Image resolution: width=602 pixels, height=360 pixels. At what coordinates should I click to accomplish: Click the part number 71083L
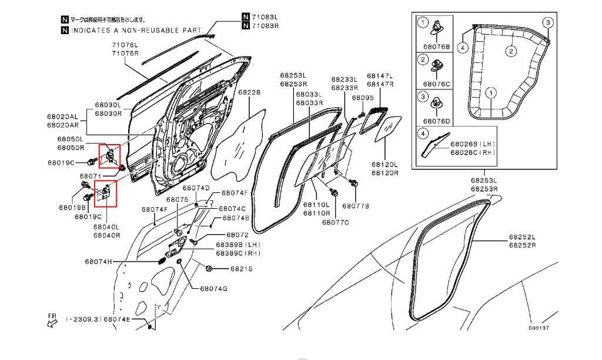pyautogui.click(x=265, y=17)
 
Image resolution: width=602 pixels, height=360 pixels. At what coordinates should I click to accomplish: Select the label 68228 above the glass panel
pyautogui.click(x=249, y=93)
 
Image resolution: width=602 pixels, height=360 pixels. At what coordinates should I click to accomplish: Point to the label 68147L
pyautogui.click(x=380, y=76)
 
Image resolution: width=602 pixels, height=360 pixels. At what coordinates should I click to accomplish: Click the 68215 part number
pyautogui.click(x=241, y=269)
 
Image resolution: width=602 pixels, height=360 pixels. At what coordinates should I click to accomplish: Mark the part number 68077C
pyautogui.click(x=335, y=222)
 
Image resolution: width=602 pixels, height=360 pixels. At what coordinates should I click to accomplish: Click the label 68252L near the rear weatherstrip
pyautogui.click(x=522, y=237)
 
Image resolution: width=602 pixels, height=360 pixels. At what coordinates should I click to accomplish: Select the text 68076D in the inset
pyautogui.click(x=437, y=121)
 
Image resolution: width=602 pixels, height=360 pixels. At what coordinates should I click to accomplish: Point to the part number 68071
pyautogui.click(x=91, y=176)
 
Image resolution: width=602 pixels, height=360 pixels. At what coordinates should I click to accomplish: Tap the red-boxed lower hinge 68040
pyautogui.click(x=106, y=194)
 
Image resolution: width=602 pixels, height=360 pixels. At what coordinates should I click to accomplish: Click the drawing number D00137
pyautogui.click(x=539, y=328)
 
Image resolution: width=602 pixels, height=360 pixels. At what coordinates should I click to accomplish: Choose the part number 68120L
pyautogui.click(x=384, y=165)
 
